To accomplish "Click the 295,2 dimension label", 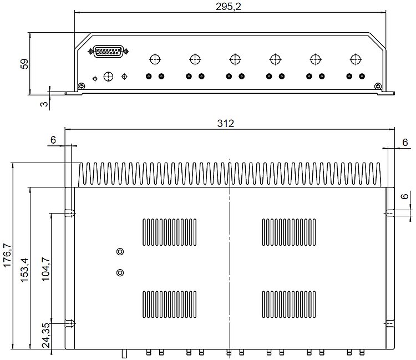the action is [x=228, y=6].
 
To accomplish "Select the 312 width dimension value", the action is [x=226, y=123].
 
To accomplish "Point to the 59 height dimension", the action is [x=24, y=64].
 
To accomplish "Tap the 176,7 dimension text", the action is [x=7, y=255].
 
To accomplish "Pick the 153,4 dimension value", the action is [x=24, y=270].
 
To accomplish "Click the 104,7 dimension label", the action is [x=45, y=269].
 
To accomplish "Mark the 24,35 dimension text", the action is [x=46, y=335].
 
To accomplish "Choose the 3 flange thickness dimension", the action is [x=44, y=104].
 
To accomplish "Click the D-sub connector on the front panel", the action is [x=108, y=51].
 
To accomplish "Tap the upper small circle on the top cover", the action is [x=120, y=251].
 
